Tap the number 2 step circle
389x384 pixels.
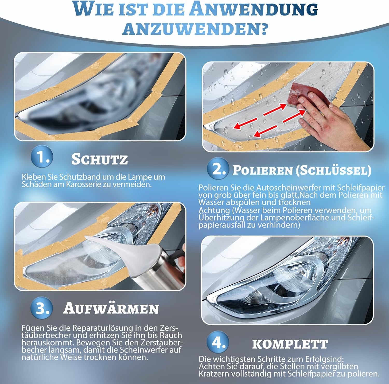pyautogui.click(x=218, y=169)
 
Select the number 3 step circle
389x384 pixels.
pyautogui.click(x=41, y=308)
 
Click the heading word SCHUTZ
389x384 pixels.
pyautogui.click(x=100, y=159)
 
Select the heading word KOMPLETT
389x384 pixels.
pyautogui.click(x=290, y=344)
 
